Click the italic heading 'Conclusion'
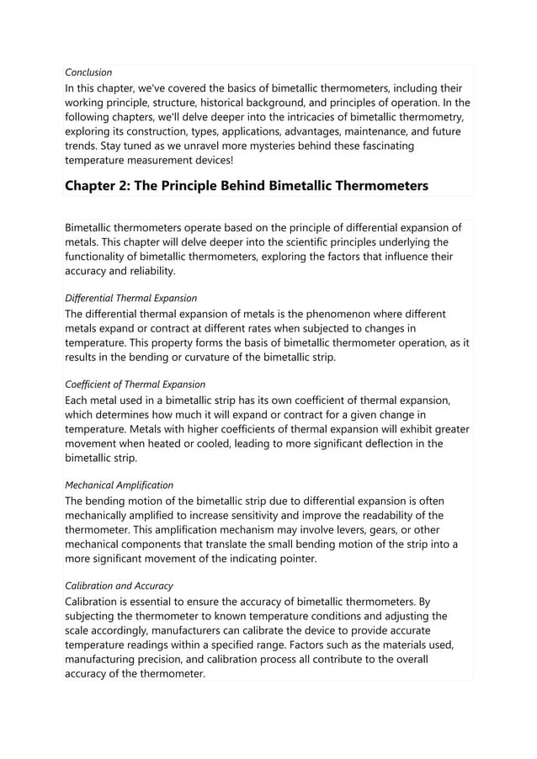coord(88,72)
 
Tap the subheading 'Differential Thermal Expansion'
coord(131,298)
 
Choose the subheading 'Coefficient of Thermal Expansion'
coord(136,384)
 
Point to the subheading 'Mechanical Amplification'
coord(120,485)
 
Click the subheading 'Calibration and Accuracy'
coord(120,586)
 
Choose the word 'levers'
coord(364,530)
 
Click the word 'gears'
coord(406,530)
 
